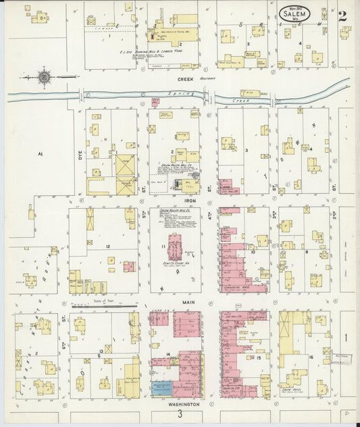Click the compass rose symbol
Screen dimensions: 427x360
point(44,77)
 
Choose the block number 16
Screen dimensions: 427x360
point(311,357)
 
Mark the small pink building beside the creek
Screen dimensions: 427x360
point(155,102)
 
